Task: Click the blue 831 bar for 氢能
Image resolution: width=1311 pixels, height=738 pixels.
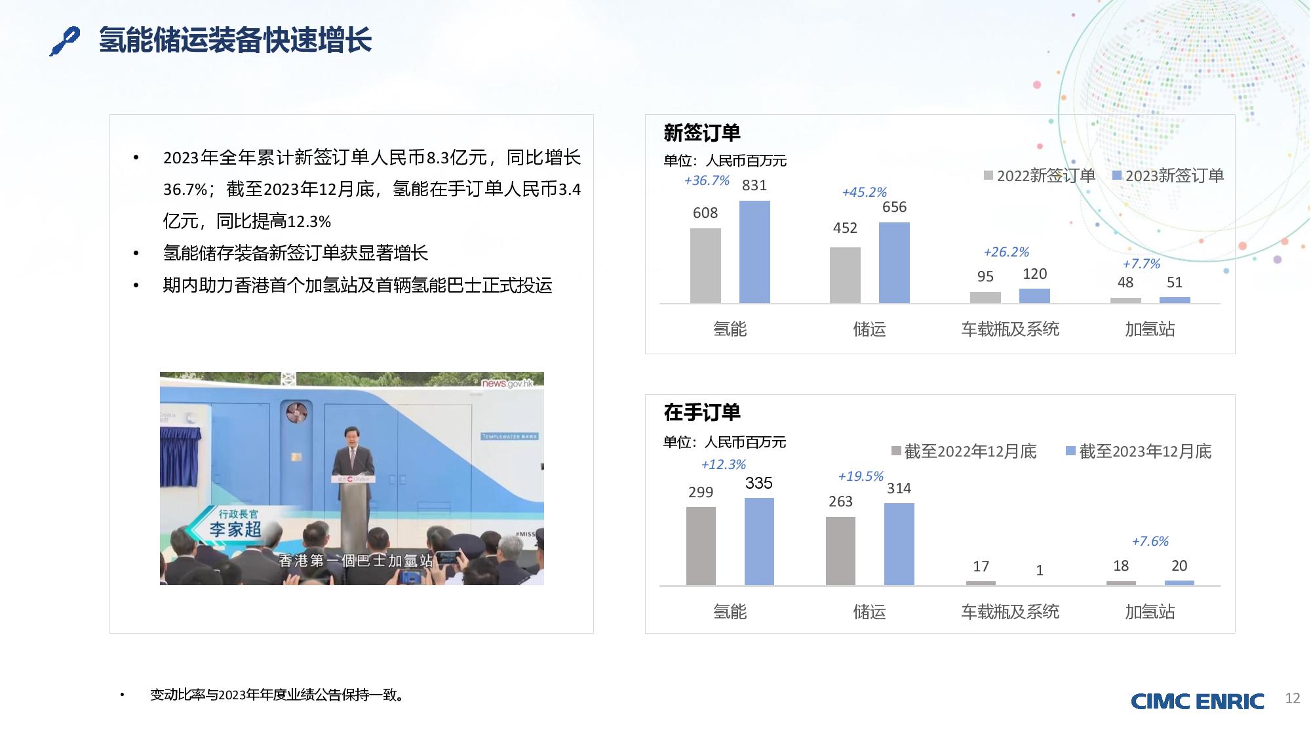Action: [x=754, y=252]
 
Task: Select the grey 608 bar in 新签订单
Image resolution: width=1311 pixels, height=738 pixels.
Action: [x=705, y=266]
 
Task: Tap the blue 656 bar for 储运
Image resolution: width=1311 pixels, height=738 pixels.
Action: [x=894, y=262]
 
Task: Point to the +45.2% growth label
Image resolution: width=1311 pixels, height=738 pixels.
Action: [x=864, y=192]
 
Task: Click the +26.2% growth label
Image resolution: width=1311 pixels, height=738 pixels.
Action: [x=1006, y=252]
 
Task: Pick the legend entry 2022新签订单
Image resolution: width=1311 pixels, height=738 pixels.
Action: [x=1040, y=176]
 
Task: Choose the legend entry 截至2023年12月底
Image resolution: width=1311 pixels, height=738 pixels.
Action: [x=1139, y=451]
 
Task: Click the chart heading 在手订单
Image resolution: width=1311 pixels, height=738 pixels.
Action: [x=702, y=413]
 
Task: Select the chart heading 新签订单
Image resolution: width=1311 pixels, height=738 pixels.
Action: [x=702, y=133]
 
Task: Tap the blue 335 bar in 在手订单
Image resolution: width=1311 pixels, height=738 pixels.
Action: [x=759, y=541]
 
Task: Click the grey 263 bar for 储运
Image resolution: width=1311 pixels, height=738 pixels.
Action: [x=840, y=551]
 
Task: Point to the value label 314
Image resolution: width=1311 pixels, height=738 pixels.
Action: [x=899, y=488]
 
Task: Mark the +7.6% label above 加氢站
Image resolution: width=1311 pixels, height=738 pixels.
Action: [x=1150, y=541]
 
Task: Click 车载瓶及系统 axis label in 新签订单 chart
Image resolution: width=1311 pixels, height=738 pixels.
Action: [x=1010, y=329]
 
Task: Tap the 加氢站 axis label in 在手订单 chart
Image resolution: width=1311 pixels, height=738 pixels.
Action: [x=1150, y=612]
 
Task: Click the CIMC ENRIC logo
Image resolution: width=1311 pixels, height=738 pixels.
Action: [x=1198, y=701]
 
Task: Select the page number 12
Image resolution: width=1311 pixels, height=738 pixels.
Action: [x=1293, y=699]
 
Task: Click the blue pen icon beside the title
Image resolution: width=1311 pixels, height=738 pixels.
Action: [x=65, y=41]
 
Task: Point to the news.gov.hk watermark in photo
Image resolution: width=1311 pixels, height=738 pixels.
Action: [x=508, y=383]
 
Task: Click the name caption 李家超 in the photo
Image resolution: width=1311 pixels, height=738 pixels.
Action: [x=235, y=529]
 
